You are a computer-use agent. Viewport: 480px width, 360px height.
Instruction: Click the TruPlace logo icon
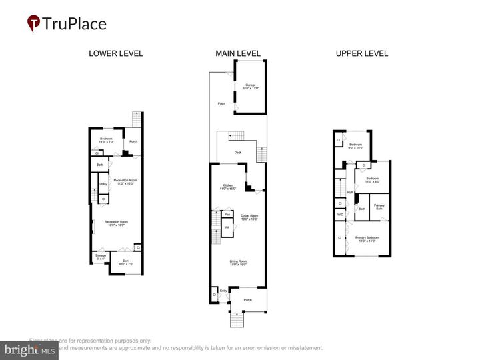point(33,23)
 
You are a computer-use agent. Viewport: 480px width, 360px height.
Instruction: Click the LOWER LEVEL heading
point(115,53)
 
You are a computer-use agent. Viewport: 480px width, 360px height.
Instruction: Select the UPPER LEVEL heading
point(361,53)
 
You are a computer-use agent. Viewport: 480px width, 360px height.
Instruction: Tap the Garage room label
point(251,86)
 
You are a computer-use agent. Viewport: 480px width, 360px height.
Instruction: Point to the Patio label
point(221,103)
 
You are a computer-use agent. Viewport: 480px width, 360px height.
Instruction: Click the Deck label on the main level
point(237,153)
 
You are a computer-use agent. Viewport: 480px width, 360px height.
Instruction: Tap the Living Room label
point(238,263)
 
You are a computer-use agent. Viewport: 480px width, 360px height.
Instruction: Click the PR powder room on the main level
point(227,228)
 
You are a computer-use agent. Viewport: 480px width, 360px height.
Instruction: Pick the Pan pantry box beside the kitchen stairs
point(227,214)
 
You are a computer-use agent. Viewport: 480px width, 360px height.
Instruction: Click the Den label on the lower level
point(125,261)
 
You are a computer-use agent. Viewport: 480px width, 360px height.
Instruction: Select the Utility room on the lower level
point(103,184)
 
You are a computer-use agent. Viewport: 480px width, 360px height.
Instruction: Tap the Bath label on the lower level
point(99,165)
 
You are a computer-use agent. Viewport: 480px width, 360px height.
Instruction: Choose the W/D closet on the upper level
point(340,215)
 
